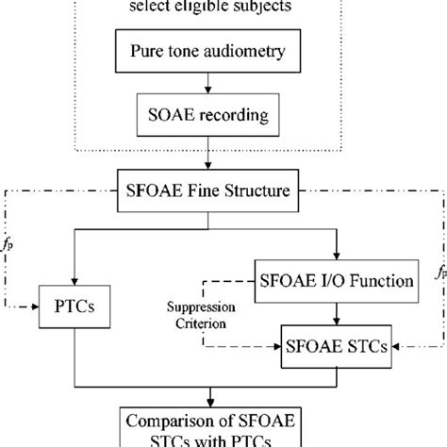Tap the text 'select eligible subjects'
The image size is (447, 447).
click(x=223, y=12)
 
